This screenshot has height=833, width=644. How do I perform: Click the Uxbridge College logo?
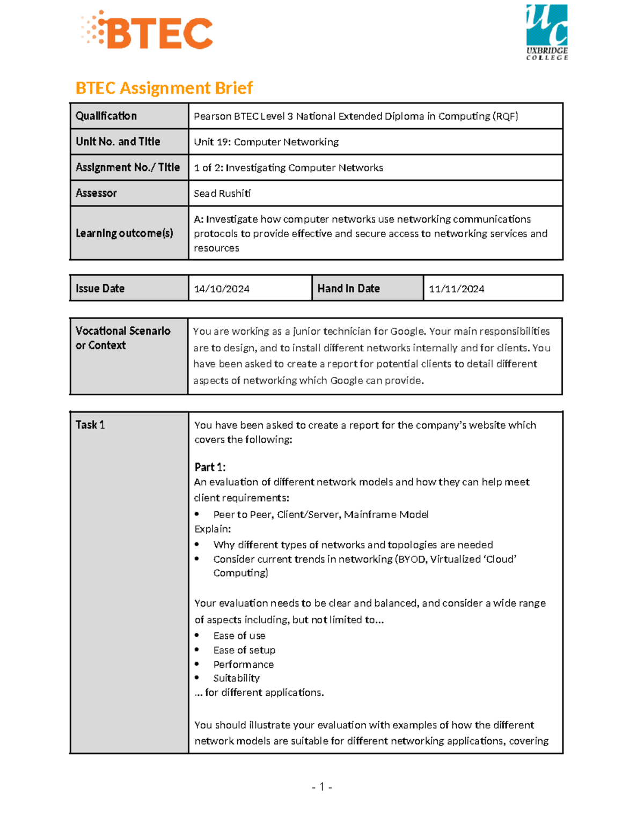pos(546,32)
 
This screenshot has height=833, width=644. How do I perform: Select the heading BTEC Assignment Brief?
pos(164,88)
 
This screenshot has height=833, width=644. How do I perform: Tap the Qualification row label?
pos(106,116)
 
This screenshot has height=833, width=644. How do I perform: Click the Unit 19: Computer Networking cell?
pos(266,142)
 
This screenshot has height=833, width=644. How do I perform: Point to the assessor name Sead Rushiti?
pos(222,194)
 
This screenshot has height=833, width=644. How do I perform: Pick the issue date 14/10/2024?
pos(221,289)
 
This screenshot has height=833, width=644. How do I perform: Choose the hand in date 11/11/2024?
pos(456,289)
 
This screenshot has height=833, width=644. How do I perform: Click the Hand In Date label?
pos(348,289)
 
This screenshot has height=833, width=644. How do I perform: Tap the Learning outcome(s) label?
pos(124,233)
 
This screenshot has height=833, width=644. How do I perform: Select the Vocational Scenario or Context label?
pos(123,338)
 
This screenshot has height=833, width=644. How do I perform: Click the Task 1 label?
pos(90,425)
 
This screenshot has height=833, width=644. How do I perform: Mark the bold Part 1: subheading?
pos(210,467)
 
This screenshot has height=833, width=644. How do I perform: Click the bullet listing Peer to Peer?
pos(320,515)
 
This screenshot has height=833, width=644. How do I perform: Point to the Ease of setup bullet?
pos(244,650)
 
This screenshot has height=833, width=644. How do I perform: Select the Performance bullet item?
pos(243,665)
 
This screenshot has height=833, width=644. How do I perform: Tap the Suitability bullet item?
pos(236,679)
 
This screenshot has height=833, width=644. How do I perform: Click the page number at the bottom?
pos(321,787)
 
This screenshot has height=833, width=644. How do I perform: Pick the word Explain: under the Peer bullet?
pos(213,529)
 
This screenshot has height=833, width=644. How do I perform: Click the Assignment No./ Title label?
pos(128,167)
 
